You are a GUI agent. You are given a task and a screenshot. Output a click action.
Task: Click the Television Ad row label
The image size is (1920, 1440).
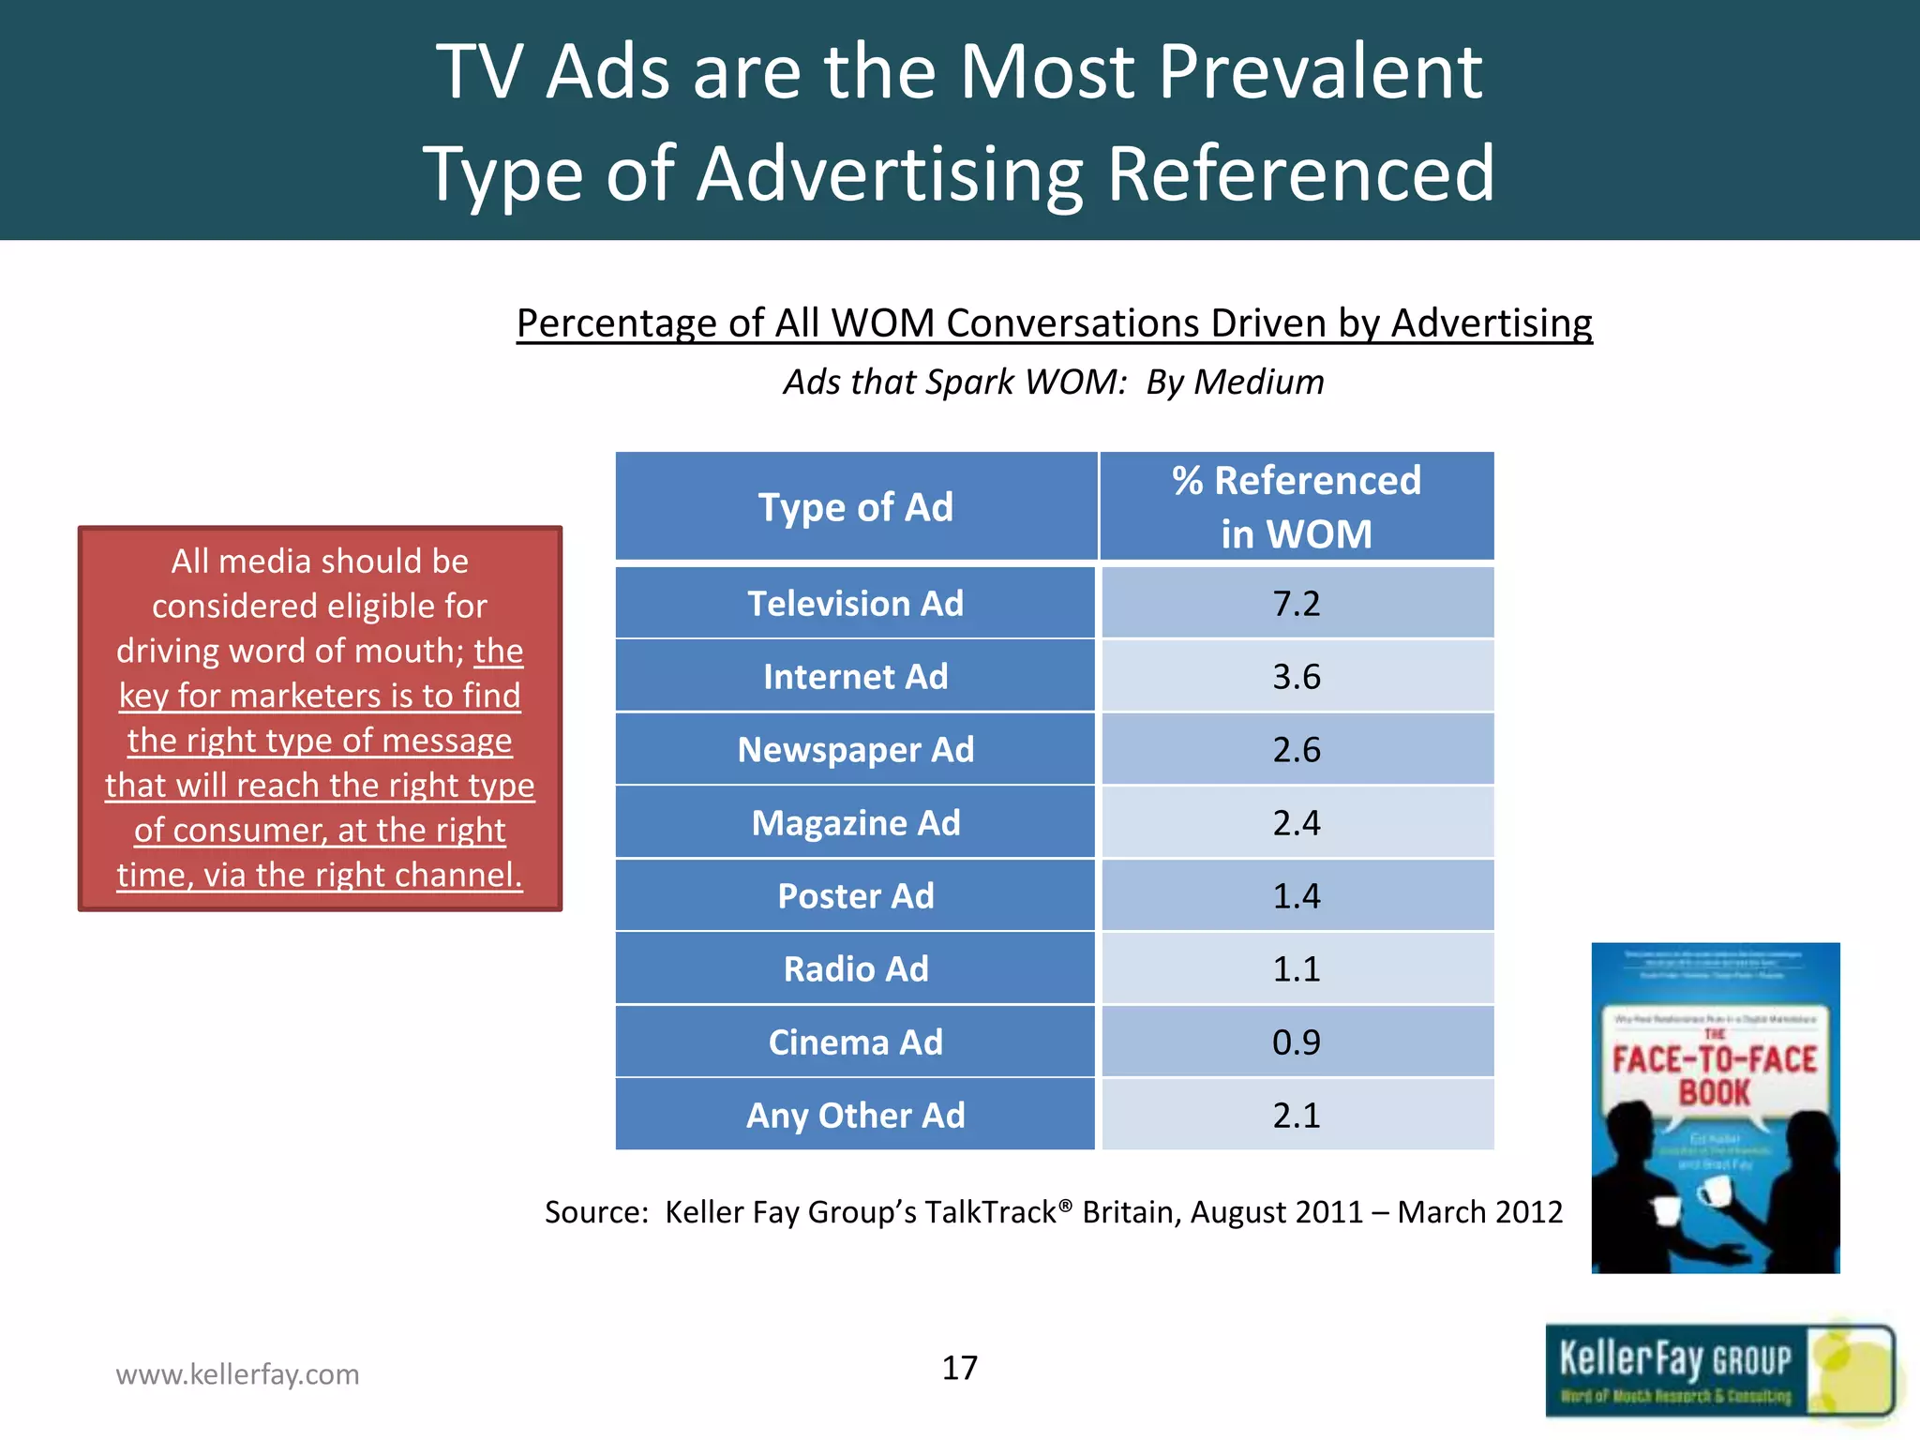click(x=855, y=604)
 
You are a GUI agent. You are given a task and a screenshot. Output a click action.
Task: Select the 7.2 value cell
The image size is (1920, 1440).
click(x=1297, y=604)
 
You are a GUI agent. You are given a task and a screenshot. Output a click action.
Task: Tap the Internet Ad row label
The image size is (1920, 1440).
click(x=855, y=677)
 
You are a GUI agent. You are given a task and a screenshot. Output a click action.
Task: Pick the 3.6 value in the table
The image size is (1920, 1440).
click(x=1297, y=677)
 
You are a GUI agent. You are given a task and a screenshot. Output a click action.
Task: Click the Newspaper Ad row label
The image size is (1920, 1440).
click(x=855, y=750)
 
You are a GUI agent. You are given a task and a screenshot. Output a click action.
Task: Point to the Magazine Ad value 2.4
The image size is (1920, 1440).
click(x=1297, y=823)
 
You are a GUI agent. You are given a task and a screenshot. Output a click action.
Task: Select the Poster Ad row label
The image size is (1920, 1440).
click(x=855, y=896)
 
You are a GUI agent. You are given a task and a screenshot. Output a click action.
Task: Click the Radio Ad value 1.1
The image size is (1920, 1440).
click(x=1297, y=969)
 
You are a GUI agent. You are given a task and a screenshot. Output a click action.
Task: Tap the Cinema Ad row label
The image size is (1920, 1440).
click(x=855, y=1042)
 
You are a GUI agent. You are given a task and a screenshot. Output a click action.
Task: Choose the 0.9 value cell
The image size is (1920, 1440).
click(x=1297, y=1042)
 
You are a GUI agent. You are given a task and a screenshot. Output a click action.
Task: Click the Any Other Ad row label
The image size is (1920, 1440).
click(x=855, y=1116)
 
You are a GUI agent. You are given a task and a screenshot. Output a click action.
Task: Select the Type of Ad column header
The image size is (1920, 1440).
click(x=855, y=507)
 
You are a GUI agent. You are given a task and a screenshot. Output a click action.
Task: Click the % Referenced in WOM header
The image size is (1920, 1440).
click(x=1297, y=507)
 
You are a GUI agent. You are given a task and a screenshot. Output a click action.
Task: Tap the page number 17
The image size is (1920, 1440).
click(x=959, y=1368)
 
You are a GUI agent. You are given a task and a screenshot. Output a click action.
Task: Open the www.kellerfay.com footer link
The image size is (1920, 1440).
click(x=237, y=1374)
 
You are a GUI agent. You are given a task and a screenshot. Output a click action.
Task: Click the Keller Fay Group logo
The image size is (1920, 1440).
click(x=1718, y=1372)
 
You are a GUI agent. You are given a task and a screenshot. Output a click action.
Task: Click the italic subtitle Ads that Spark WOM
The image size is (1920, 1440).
click(x=1054, y=382)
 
